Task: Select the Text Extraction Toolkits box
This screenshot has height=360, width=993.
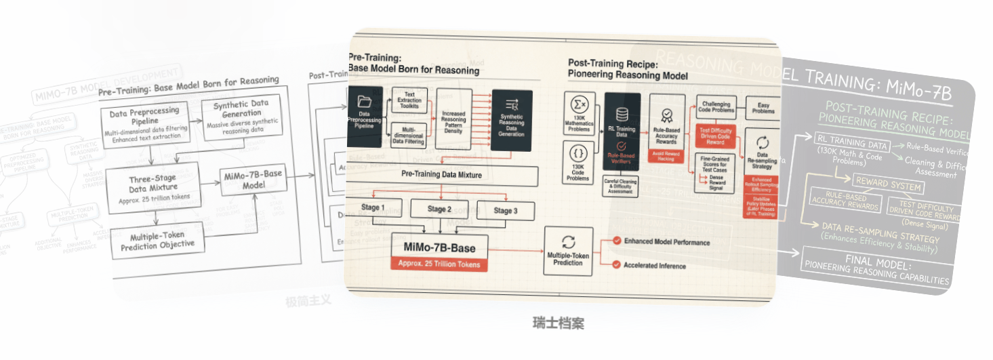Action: coord(409,101)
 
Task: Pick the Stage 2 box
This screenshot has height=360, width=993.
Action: coord(440,209)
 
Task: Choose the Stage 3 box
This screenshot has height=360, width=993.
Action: coord(502,211)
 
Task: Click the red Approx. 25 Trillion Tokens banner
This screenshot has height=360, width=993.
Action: coord(439,264)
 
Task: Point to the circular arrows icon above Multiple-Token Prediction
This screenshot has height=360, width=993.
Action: coord(568,243)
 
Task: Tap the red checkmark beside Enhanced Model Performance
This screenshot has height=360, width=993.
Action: coord(617,241)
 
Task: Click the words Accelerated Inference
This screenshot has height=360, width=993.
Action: coord(654,266)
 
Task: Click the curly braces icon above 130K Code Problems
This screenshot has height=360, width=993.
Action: coord(579,153)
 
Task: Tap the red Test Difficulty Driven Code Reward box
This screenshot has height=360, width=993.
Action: coord(716,136)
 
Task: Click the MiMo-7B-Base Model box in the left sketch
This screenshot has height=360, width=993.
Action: coord(252,180)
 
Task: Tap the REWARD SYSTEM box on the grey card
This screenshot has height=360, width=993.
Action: coord(888,186)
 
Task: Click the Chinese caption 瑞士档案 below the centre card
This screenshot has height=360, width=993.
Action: coord(558,323)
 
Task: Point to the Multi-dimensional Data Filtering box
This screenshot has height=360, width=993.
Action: coord(409,135)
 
